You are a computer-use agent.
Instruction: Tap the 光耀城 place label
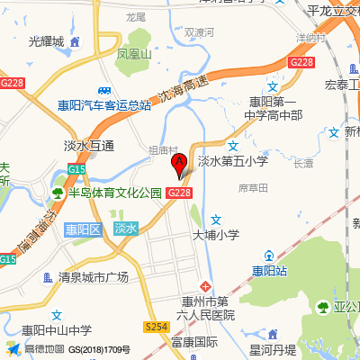(47, 41)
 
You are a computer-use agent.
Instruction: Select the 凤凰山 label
(135, 54)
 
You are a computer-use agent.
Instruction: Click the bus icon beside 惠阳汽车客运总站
(106, 90)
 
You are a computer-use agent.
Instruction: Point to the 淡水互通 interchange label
(89, 146)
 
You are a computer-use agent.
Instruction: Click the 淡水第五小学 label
(232, 161)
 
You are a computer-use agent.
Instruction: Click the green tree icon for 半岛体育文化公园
(58, 193)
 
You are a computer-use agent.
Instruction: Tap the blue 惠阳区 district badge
(82, 229)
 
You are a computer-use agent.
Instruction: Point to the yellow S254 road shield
(157, 327)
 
